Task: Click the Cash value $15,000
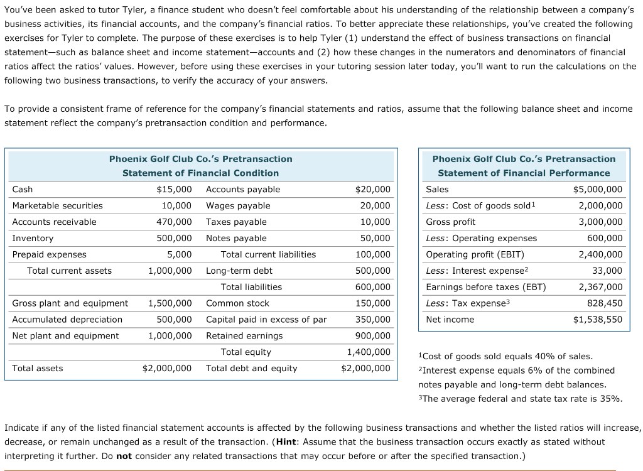tap(174, 189)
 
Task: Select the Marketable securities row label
tap(58, 205)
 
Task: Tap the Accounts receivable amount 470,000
tap(174, 222)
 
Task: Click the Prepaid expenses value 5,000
tap(180, 254)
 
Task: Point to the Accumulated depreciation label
tap(68, 319)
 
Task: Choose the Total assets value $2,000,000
tap(167, 368)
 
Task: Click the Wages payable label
tap(238, 205)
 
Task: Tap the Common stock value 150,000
tap(372, 303)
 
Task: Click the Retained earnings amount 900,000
tap(372, 335)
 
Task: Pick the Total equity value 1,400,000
tap(369, 352)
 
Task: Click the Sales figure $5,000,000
tap(598, 189)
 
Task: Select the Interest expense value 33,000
tap(607, 271)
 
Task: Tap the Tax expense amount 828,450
tap(605, 303)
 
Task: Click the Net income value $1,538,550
tap(598, 319)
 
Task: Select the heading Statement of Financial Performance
tap(524, 173)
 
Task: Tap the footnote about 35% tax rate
tap(520, 398)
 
